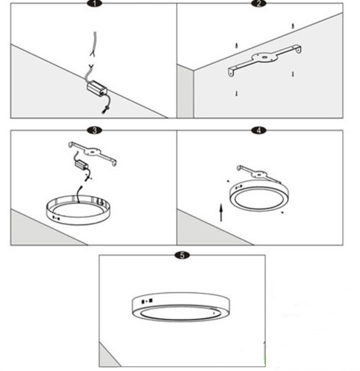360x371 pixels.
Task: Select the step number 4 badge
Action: pos(260,130)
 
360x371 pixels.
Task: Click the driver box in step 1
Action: pos(97,89)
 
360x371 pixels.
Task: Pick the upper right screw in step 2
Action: pos(293,26)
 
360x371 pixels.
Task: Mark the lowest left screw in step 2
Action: pos(237,93)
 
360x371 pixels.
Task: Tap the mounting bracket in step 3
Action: pos(92,153)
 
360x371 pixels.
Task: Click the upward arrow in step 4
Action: pos(221,212)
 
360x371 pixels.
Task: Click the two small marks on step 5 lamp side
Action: pos(147,300)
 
